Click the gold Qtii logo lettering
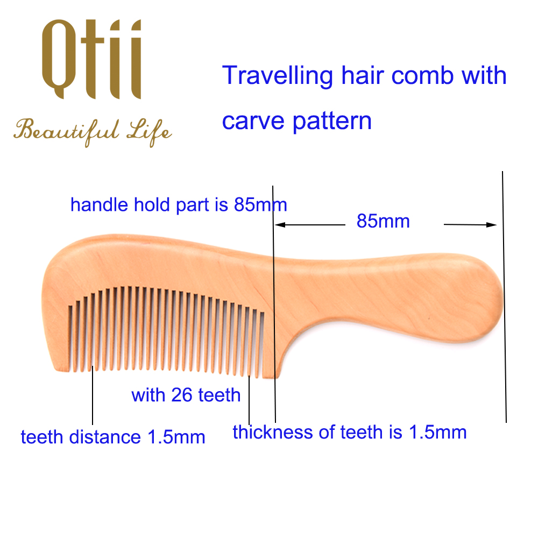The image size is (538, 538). point(91,59)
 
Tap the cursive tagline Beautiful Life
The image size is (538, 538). point(93,132)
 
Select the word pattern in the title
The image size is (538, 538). point(332,122)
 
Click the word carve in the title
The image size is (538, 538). point(253,122)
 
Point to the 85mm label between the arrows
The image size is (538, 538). point(383,221)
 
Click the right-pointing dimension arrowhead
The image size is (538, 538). point(491,225)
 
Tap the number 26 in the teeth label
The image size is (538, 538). point(181,395)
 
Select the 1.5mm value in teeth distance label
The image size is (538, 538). point(176,437)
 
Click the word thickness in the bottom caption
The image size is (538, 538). point(272,432)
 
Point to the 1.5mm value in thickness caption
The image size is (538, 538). point(437,433)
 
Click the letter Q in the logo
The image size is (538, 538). point(58,59)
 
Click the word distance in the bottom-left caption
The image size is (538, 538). point(105,437)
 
